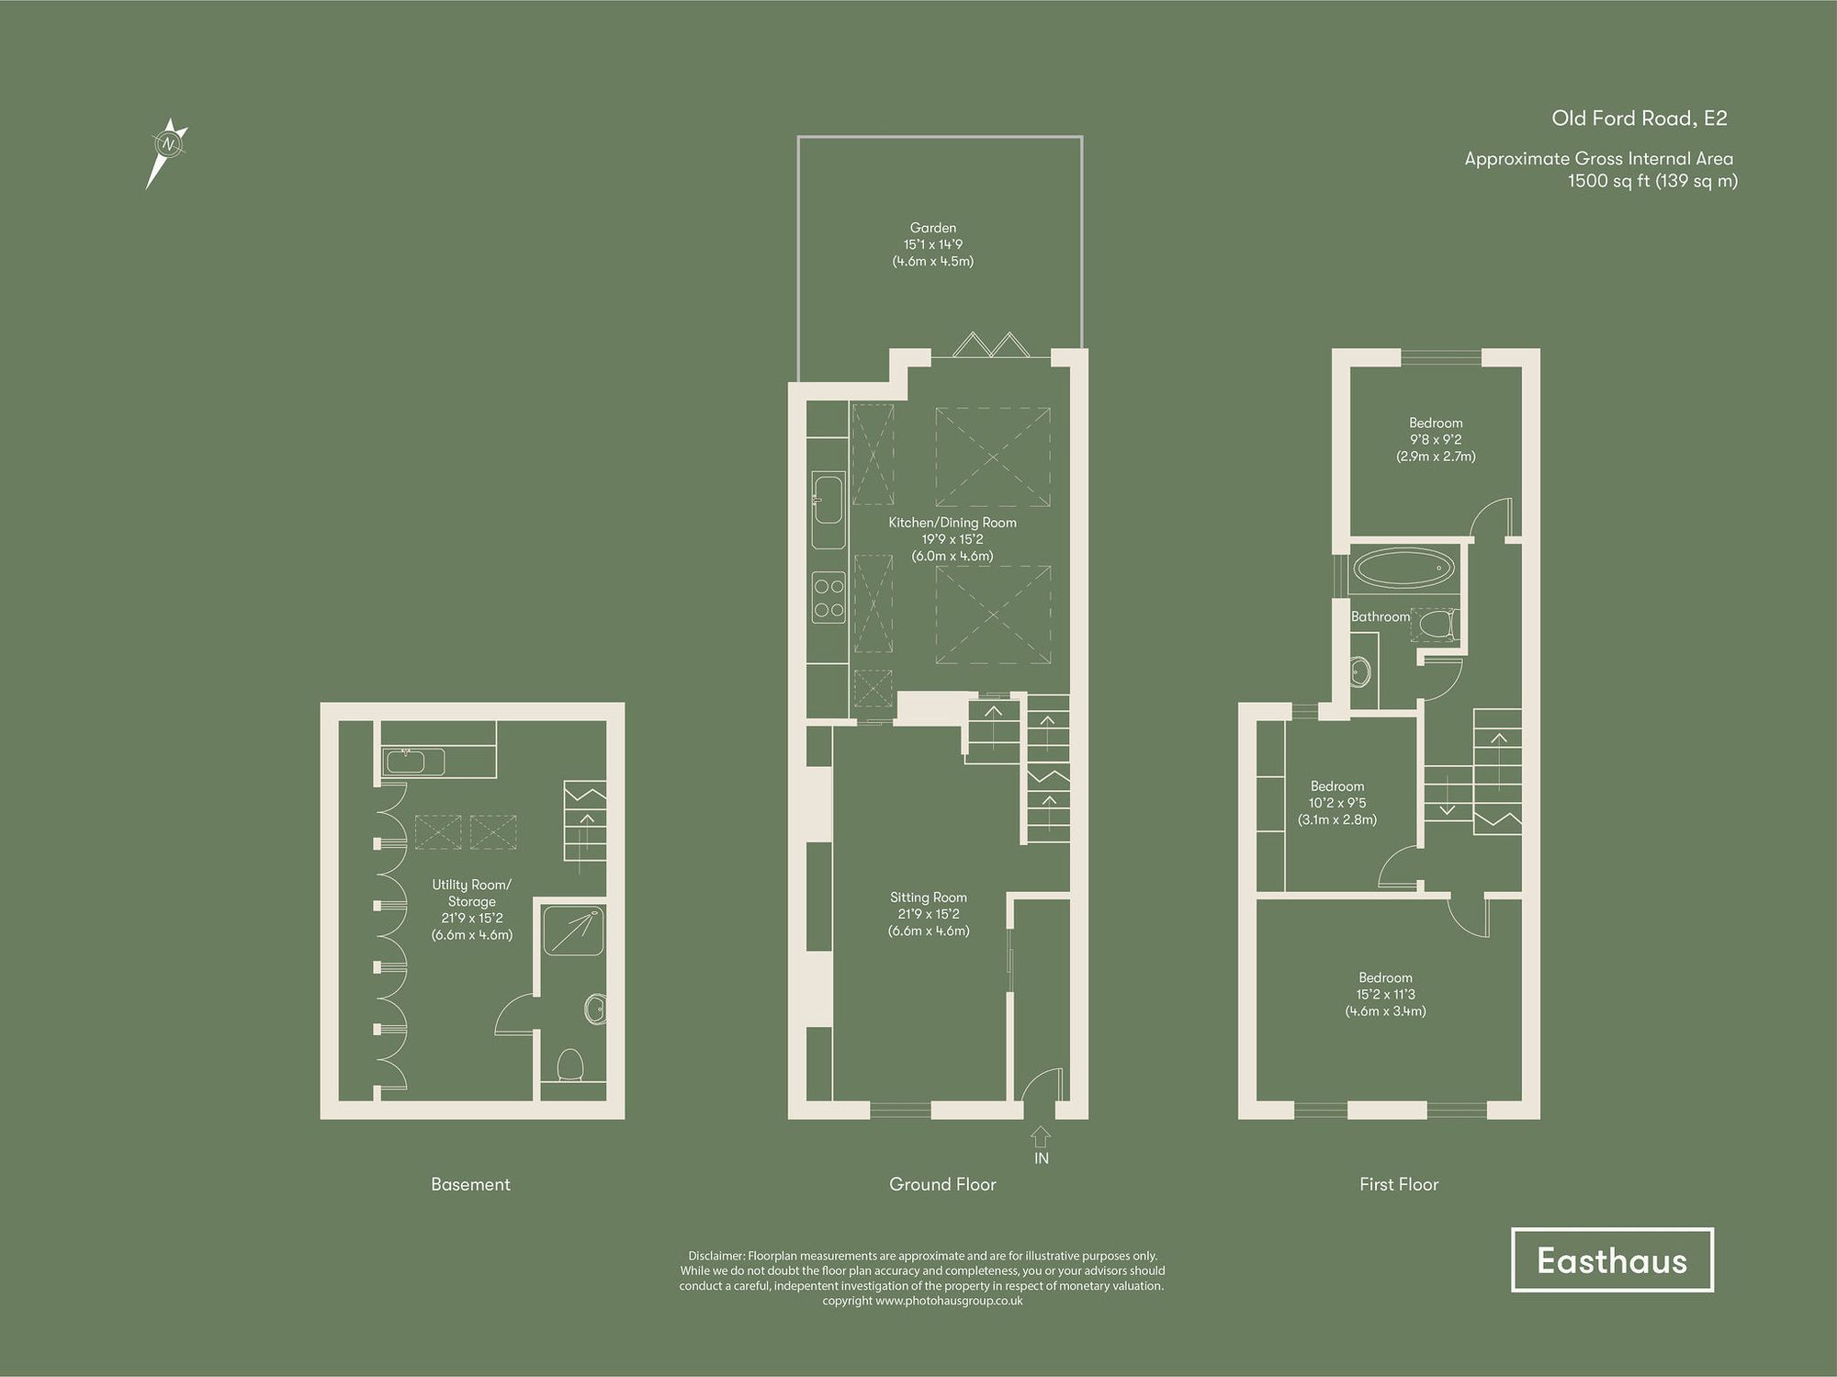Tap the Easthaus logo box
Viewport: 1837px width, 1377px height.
point(1612,1260)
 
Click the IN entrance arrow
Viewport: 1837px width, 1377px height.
point(1040,1137)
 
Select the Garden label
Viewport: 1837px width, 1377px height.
point(932,228)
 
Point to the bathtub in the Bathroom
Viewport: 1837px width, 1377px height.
point(1403,569)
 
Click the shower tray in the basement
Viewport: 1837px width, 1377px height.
point(572,931)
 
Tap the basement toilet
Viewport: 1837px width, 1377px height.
point(570,1066)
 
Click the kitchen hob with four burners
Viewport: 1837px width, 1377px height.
point(828,597)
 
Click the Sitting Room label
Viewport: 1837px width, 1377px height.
point(928,897)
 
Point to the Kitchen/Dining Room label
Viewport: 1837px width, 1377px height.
point(952,523)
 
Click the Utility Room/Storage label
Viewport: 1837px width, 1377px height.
point(471,893)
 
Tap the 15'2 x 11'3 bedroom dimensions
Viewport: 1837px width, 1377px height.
point(1385,995)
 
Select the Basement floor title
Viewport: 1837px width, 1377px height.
point(470,1184)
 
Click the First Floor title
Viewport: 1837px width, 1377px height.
point(1398,1184)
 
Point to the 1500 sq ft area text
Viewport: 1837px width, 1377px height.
point(1651,181)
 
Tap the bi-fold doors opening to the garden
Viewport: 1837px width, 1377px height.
point(989,345)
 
